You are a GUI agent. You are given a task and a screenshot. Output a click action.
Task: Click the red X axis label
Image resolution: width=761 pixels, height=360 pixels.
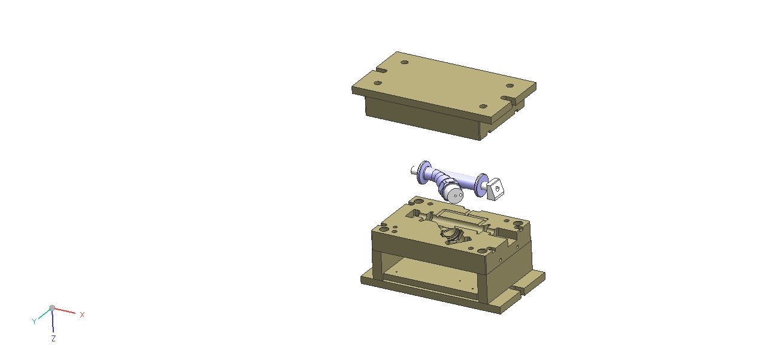82,315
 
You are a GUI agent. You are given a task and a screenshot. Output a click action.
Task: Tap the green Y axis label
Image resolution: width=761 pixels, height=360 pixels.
34,321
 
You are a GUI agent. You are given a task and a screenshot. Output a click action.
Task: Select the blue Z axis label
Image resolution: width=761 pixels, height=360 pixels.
53,338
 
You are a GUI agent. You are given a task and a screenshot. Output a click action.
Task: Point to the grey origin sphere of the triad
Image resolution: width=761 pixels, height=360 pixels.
52,308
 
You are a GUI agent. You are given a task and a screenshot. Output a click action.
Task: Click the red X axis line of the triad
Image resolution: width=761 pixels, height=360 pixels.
65,311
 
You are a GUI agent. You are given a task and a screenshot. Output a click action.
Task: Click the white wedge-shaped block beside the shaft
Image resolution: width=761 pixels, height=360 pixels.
495,188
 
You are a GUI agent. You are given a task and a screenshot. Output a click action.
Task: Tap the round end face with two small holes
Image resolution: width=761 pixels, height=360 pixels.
455,195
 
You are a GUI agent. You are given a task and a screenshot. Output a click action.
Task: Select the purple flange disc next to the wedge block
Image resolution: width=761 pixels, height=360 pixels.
481,184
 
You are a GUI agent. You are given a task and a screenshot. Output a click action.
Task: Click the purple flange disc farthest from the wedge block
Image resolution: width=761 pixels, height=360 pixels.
423,172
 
